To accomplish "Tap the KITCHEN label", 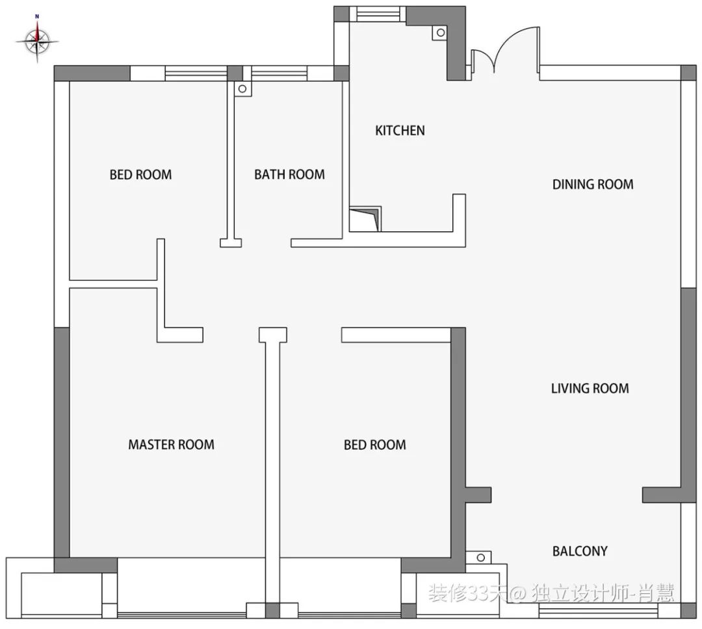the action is (400, 131).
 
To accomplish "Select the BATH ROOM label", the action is (289, 174).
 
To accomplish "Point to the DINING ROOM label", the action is (593, 185).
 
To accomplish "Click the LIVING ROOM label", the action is (590, 388).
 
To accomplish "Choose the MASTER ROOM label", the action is (171, 444).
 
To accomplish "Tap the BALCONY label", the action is (580, 551).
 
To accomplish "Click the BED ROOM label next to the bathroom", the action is (140, 175).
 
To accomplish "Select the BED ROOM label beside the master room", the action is (375, 445).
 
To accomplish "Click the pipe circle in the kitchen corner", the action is (441, 32).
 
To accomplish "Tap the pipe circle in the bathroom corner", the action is (242, 88).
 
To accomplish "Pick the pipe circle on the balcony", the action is (480, 558).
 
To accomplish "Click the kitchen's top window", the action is (378, 14).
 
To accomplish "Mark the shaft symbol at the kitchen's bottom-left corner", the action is (365, 219).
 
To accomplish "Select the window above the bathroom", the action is (279, 73).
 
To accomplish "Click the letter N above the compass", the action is (36, 16).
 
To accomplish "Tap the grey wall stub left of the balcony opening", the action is (478, 494).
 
